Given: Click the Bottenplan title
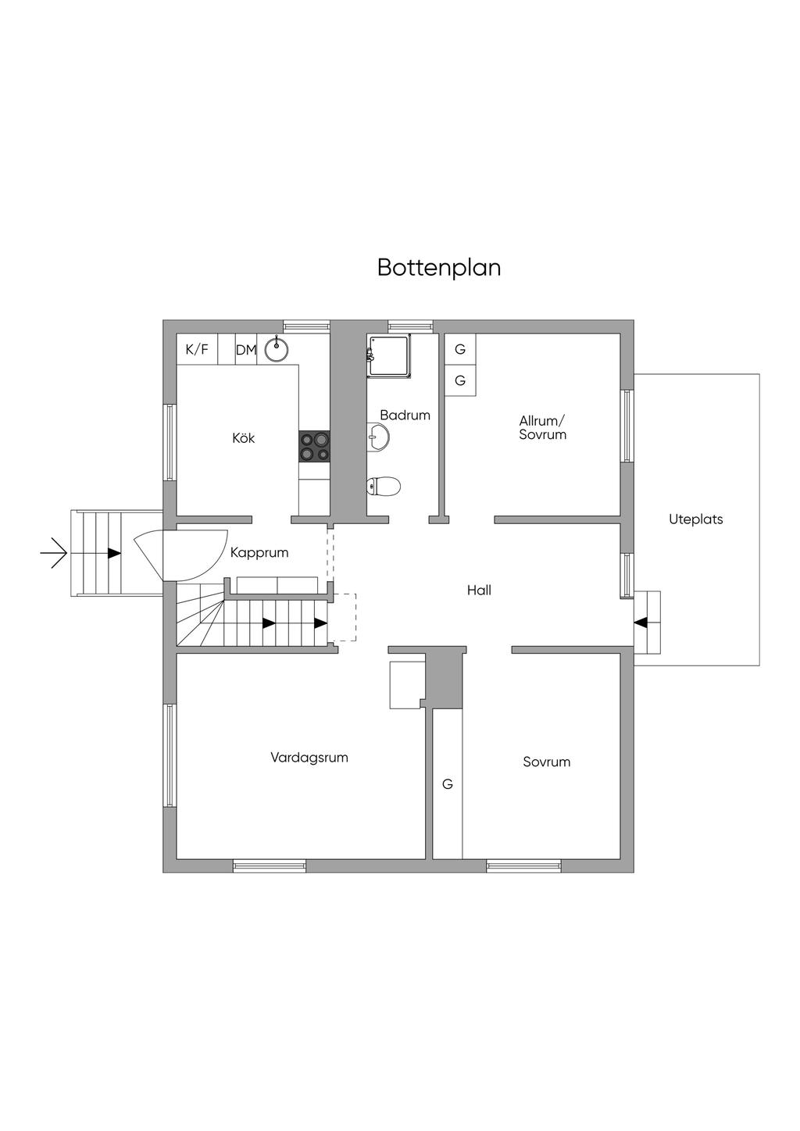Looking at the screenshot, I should point(438,267).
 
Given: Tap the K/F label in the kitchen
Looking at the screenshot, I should point(197,349).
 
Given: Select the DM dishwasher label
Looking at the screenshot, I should point(246,350).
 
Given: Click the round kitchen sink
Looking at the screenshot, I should point(276,349).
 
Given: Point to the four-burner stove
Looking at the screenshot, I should point(315,446).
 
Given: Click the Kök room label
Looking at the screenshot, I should point(244,438).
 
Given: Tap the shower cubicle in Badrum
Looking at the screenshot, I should point(390,356).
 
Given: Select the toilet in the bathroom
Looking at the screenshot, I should point(384,487).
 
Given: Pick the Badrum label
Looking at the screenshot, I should point(405,415).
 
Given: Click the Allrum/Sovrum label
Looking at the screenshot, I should point(542,427).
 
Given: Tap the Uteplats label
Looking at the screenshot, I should point(695,519).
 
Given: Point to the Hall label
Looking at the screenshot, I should point(479,590).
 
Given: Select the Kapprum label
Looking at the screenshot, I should point(259,552).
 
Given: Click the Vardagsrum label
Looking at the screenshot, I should point(309,757).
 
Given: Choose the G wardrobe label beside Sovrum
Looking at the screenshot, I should point(448,783).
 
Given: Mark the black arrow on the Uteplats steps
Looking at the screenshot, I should point(641,623).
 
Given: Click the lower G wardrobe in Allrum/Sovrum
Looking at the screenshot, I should point(460,380).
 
